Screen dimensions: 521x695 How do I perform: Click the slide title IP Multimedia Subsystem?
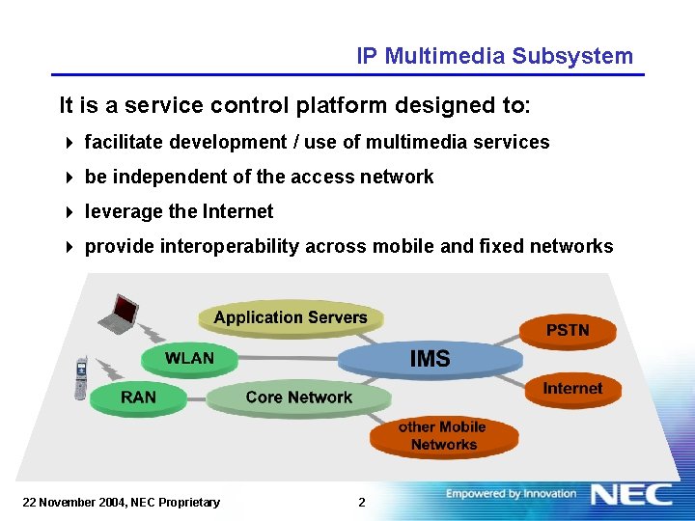click(494, 56)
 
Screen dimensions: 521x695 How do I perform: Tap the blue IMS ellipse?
click(430, 359)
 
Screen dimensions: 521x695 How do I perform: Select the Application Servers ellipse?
click(291, 317)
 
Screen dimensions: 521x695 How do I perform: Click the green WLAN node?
click(189, 359)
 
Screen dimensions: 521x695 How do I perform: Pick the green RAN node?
click(138, 398)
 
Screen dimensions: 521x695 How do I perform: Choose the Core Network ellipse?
click(298, 398)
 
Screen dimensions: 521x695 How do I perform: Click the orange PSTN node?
click(568, 330)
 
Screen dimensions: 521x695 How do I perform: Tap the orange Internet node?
click(572, 389)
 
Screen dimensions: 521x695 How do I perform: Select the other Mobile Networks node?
click(443, 436)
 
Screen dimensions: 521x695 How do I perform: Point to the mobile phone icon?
click(82, 377)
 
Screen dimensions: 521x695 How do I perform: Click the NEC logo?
click(631, 495)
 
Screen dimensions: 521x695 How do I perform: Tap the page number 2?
click(361, 502)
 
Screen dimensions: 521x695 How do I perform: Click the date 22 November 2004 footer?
click(121, 502)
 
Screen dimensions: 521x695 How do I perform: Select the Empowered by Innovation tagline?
click(511, 494)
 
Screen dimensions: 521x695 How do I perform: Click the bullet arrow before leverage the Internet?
click(69, 212)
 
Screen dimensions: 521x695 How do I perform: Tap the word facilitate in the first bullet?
click(124, 142)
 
